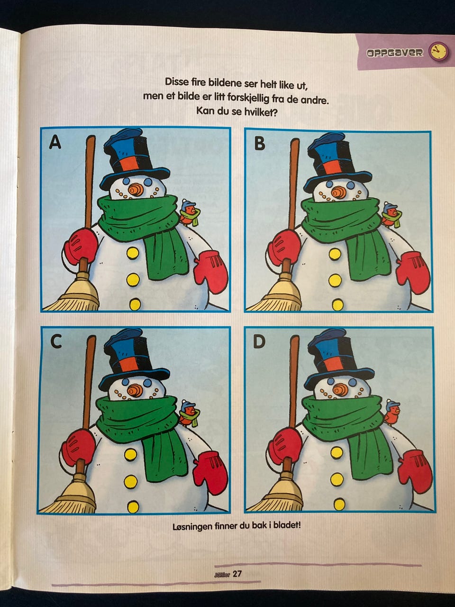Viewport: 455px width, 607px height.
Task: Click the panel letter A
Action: [x=55, y=143]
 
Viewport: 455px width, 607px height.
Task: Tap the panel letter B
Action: [x=259, y=144]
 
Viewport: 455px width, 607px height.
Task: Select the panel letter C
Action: [x=56, y=342]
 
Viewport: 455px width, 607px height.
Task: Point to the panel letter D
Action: [x=259, y=342]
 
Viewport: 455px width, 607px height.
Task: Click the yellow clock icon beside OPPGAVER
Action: [x=437, y=51]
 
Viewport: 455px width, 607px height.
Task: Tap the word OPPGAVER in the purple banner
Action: [x=394, y=53]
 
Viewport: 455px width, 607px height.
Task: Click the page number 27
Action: [x=237, y=574]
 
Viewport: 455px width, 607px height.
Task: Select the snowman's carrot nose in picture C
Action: [x=135, y=390]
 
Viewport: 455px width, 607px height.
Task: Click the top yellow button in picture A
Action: [x=132, y=253]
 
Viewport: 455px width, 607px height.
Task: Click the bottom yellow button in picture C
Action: [x=133, y=506]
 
